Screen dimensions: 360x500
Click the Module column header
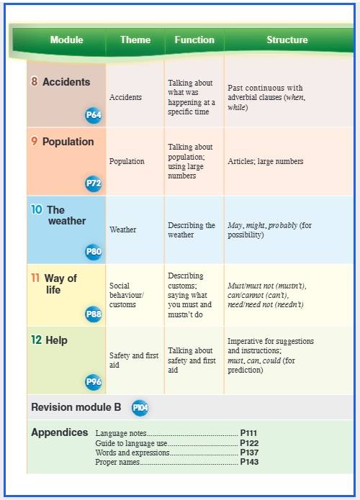pos(66,40)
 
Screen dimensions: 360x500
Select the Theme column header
pos(135,40)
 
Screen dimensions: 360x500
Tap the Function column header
pos(194,40)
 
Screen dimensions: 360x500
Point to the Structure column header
pos(287,40)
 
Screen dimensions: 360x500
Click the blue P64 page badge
pos(94,115)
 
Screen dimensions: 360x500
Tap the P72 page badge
pos(94,183)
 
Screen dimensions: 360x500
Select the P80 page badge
pos(94,252)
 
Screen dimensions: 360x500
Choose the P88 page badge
pos(94,314)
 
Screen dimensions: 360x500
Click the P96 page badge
pos(94,382)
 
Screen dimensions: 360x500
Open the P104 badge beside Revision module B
pos(140,407)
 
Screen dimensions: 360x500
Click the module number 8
pos(34,81)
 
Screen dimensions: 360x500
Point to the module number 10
pos(37,209)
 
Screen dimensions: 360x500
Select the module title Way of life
pos(60,283)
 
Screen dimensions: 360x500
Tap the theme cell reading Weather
pos(123,229)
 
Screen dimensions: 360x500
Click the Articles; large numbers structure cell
pos(266,161)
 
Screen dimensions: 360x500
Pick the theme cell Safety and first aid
pos(134,360)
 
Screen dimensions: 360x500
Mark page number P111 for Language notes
pos(248,433)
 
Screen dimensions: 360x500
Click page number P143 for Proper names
pos(249,462)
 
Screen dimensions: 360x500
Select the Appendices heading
pos(60,432)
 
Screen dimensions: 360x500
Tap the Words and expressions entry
pos(132,453)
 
